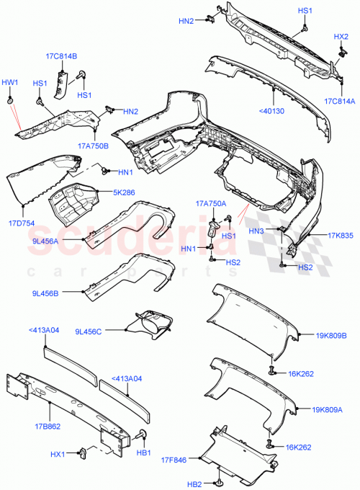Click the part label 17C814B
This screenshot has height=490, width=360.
[x=63, y=56]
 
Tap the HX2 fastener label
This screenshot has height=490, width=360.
[x=341, y=37]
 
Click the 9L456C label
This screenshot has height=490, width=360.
[x=89, y=331]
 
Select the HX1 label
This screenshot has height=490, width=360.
[x=59, y=455]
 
